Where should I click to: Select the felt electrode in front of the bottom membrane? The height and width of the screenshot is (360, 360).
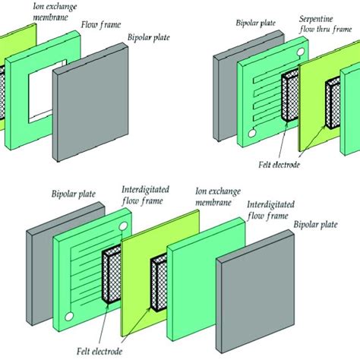tap(160, 281)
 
